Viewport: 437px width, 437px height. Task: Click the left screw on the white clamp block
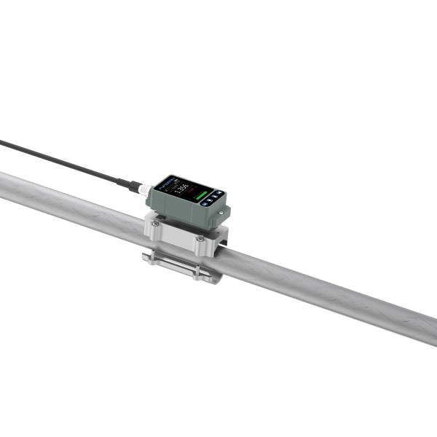(156, 224)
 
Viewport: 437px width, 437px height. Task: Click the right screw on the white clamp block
(200, 238)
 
